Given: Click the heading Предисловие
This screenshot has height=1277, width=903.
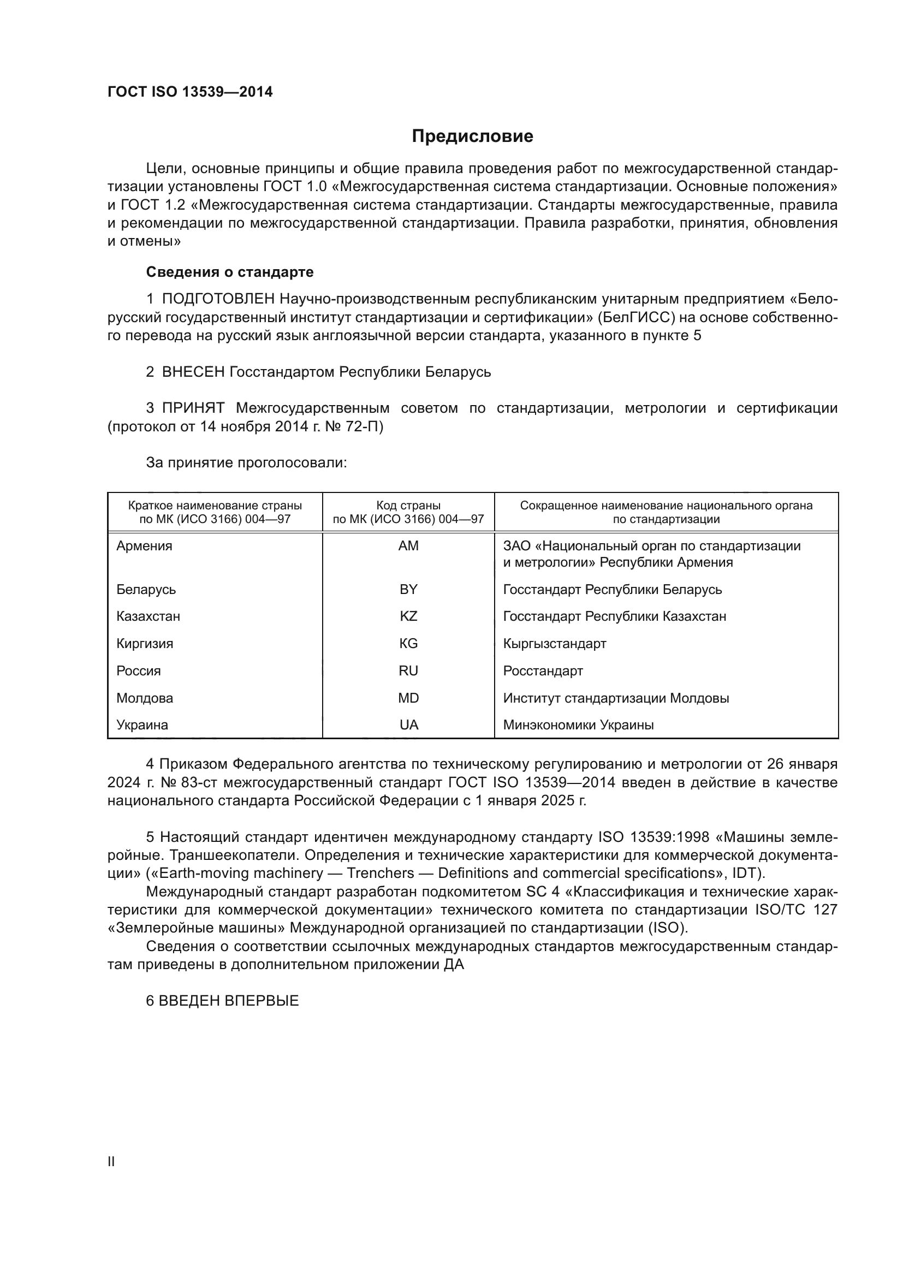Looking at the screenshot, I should click(x=472, y=136).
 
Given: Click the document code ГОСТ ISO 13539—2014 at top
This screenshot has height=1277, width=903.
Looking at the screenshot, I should click(x=190, y=92).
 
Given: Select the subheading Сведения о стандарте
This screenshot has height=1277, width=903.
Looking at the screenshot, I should click(x=230, y=272).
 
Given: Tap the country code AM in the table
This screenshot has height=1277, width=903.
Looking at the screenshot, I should click(x=408, y=546).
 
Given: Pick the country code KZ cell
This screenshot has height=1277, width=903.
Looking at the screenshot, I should click(x=408, y=616).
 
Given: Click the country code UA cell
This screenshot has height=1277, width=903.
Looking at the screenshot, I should click(x=408, y=725).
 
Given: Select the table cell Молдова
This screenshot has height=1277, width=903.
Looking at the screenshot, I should click(x=145, y=698).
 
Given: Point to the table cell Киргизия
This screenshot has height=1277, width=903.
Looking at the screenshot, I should click(x=145, y=644).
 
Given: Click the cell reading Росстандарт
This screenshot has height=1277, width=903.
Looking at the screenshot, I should click(x=543, y=671).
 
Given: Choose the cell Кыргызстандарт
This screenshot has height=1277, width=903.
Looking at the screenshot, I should click(x=554, y=644).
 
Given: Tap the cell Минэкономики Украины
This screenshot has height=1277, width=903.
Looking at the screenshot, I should click(x=578, y=725).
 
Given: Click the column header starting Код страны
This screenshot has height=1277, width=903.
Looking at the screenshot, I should click(x=408, y=512).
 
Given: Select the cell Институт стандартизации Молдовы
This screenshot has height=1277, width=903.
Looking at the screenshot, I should click(x=616, y=698).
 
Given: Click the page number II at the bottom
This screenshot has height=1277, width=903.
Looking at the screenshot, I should click(x=111, y=1162).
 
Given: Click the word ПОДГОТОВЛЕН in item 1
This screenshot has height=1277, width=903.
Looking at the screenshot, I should click(x=218, y=299).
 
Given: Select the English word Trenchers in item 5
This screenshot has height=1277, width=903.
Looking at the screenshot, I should click(x=381, y=873).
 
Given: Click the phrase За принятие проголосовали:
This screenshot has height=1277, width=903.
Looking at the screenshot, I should click(x=246, y=463).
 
